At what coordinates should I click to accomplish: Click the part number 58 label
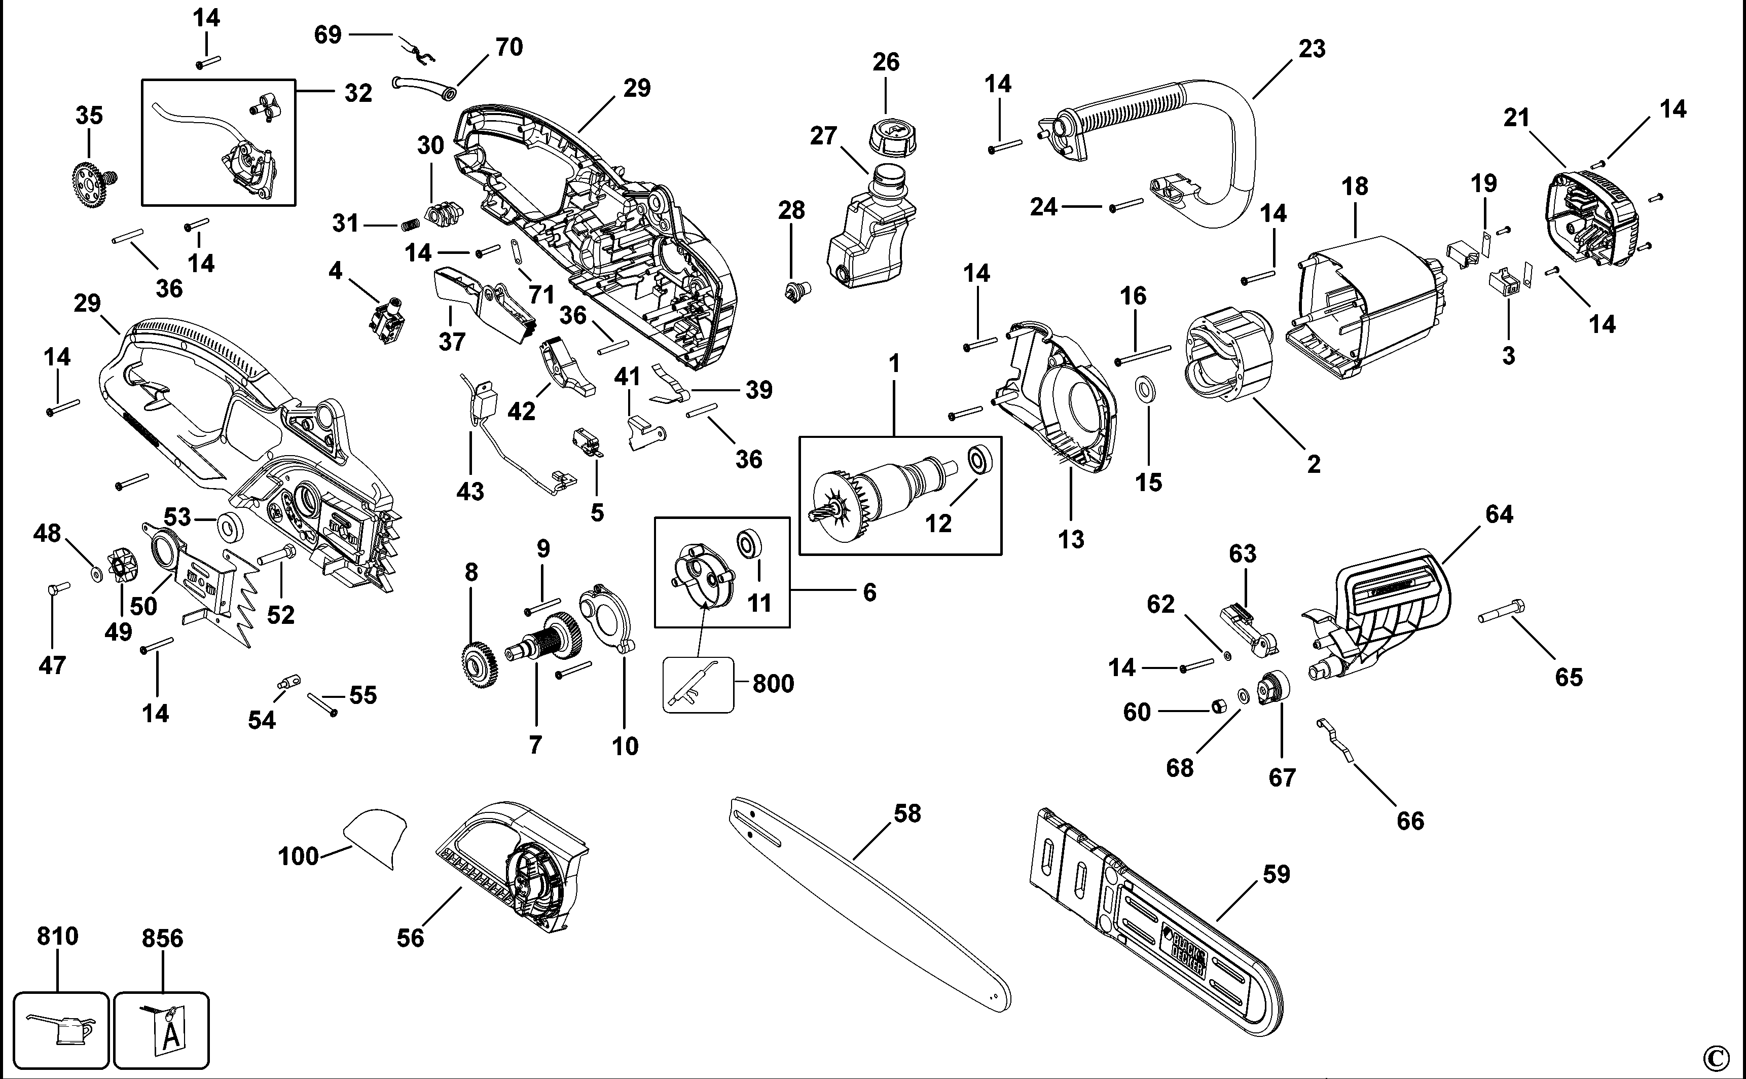tap(907, 813)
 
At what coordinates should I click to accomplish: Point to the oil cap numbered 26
tap(891, 136)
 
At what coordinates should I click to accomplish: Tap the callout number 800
tap(773, 684)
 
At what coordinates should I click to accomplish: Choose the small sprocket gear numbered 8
tap(478, 664)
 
